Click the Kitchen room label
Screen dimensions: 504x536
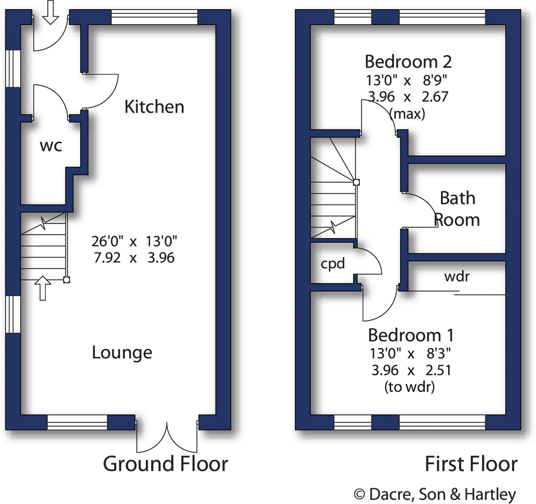click(x=154, y=107)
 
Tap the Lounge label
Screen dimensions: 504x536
click(x=122, y=352)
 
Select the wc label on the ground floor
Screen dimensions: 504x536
click(x=51, y=146)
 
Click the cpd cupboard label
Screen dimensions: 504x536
click(x=333, y=264)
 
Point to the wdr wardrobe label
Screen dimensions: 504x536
click(x=457, y=276)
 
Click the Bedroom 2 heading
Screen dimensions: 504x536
click(x=408, y=62)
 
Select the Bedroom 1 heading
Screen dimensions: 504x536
click(x=411, y=335)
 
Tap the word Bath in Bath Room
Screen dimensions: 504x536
click(x=457, y=198)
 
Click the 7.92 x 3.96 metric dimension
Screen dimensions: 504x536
click(x=134, y=258)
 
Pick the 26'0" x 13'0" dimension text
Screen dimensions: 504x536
click(x=134, y=242)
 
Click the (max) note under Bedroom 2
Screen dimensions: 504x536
click(x=407, y=114)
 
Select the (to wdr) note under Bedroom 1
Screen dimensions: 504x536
click(x=409, y=387)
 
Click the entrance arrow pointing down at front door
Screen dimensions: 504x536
click(x=51, y=12)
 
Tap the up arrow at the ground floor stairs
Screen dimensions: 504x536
click(x=43, y=288)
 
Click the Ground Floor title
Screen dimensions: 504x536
click(x=165, y=464)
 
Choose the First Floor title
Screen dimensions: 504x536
click(x=471, y=464)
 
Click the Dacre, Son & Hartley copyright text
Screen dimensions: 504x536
click(x=435, y=494)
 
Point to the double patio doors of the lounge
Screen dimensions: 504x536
click(x=167, y=437)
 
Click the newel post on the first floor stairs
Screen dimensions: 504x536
click(x=356, y=182)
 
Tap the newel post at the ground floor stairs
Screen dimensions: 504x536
click(x=67, y=280)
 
